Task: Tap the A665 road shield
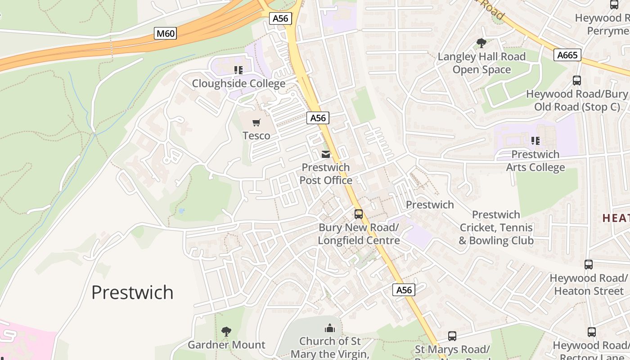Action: click(x=567, y=55)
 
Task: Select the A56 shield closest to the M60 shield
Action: click(x=281, y=18)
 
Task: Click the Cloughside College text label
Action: click(x=238, y=84)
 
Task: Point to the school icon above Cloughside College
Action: click(x=238, y=70)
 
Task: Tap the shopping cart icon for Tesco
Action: click(x=256, y=122)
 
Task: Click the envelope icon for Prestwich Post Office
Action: click(x=325, y=154)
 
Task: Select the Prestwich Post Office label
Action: click(x=326, y=174)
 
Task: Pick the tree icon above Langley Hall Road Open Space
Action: click(x=481, y=43)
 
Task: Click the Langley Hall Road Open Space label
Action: click(x=481, y=63)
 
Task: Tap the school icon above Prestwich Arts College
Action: click(x=535, y=141)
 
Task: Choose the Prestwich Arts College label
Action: click(x=535, y=161)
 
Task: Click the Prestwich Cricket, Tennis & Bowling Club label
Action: click(x=496, y=228)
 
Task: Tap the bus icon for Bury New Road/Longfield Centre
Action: click(x=359, y=214)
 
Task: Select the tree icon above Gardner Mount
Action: click(x=226, y=332)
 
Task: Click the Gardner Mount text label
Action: click(x=226, y=345)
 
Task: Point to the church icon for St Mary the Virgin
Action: click(x=330, y=328)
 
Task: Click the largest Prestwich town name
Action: click(x=132, y=292)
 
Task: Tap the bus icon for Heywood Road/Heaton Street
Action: click(x=589, y=265)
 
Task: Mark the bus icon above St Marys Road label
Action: click(x=452, y=336)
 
